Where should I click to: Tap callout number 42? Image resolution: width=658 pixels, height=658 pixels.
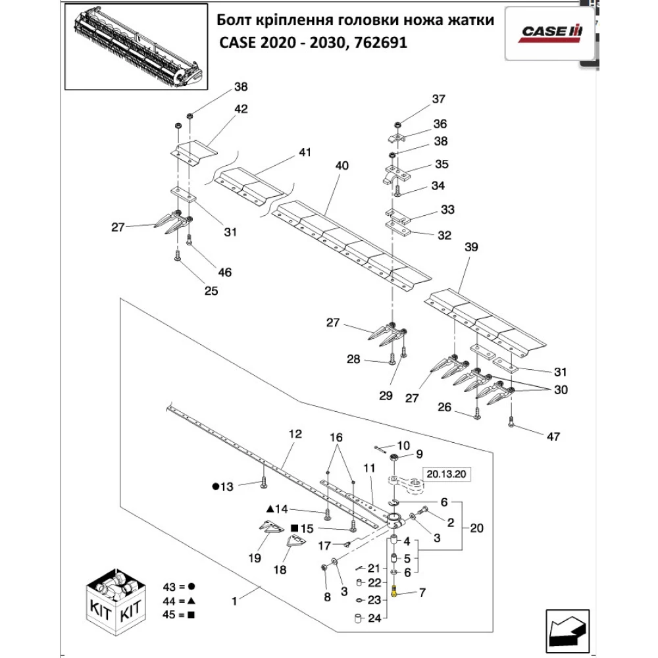[x=241, y=110]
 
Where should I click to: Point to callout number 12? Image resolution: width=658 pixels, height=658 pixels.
[x=294, y=434]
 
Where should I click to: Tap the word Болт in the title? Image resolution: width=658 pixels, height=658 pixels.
[x=233, y=21]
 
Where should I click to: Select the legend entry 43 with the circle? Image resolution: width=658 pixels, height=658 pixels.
[x=178, y=586]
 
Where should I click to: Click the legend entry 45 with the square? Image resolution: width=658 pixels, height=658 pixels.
[x=178, y=615]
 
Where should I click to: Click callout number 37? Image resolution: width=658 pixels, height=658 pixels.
[x=438, y=99]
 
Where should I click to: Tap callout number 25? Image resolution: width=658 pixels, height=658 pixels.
[x=211, y=291]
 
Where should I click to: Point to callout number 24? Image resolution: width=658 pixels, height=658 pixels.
[x=374, y=619]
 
